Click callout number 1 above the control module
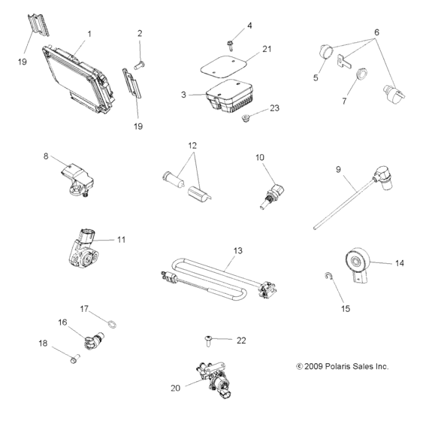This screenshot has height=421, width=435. click(90, 34)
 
